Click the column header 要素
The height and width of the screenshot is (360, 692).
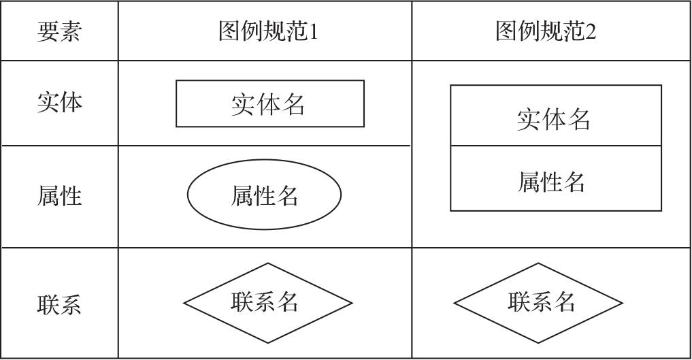point(59,32)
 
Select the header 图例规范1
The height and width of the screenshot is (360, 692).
point(268,32)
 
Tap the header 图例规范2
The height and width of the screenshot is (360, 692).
point(546,32)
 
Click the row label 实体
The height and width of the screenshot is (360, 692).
point(59,102)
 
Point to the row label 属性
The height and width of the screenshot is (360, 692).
point(59,196)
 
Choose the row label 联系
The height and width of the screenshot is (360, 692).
point(59,305)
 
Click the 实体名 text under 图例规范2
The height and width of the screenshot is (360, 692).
point(553,120)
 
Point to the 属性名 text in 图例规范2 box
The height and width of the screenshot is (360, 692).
point(551,182)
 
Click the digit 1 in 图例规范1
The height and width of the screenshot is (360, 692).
point(313,32)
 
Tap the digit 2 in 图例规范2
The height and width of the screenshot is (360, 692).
point(591,32)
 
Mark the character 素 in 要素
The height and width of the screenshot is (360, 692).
point(71,32)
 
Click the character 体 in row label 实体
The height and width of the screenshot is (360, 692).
point(71,102)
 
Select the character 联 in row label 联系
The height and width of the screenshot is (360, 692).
point(48,305)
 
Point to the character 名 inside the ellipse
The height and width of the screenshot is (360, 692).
point(287,196)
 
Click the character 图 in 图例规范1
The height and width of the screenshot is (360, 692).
point(230,32)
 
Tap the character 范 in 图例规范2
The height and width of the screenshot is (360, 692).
point(573,32)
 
